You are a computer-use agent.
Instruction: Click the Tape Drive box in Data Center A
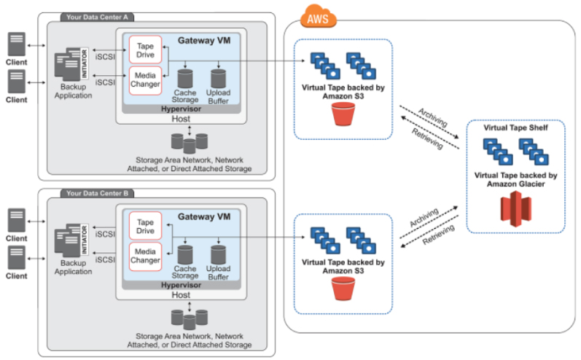144,49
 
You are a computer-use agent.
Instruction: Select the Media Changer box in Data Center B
144,254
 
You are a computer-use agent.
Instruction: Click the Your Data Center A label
99,16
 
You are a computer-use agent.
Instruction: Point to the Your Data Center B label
99,193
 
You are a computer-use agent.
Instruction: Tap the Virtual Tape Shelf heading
515,128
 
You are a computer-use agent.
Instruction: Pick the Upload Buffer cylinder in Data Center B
219,254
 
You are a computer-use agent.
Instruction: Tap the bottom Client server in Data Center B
16,257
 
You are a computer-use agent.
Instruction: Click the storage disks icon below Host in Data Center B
189,318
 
